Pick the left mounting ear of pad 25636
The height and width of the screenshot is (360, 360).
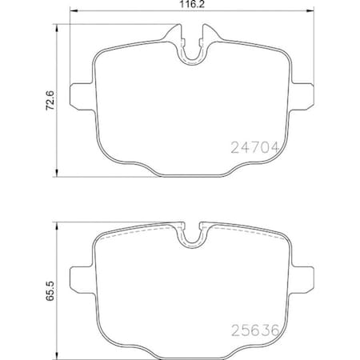click(x=80, y=277)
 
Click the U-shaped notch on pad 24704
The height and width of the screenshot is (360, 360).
click(x=190, y=50)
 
